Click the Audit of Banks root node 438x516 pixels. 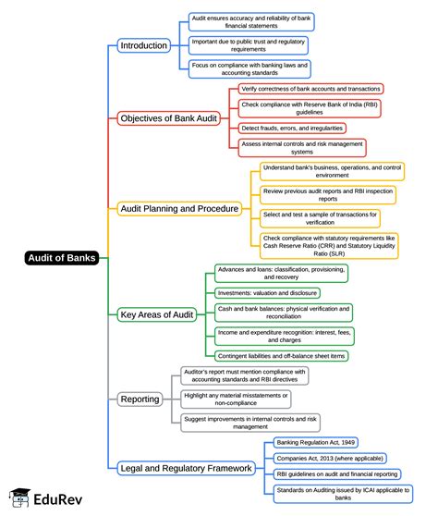60,258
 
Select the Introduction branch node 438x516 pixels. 144,45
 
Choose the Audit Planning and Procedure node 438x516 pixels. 180,209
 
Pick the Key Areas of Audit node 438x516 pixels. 157,314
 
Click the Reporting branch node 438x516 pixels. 140,399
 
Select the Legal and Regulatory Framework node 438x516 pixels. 186,468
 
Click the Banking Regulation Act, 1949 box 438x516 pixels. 317,443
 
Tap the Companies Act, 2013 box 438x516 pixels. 330,458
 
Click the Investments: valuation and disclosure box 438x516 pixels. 269,291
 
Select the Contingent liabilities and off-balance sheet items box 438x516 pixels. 281,356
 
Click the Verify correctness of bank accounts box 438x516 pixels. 310,89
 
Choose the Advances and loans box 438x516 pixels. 281,273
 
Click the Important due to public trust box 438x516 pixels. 248,45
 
